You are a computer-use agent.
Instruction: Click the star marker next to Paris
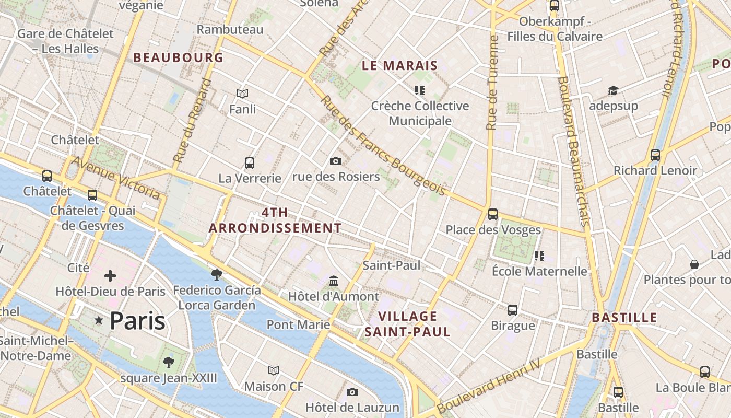98,320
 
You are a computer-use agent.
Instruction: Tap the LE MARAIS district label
399,66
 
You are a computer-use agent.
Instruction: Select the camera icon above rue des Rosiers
336,161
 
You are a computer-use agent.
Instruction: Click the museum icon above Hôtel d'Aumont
334,282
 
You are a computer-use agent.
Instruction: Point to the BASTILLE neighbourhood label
624,318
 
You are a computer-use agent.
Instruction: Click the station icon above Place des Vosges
492,214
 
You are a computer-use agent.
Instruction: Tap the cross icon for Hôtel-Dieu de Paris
110,276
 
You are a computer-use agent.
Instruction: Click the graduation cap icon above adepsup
613,91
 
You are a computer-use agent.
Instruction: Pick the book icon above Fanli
242,94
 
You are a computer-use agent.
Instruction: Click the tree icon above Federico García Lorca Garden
216,274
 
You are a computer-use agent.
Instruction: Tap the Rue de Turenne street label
492,83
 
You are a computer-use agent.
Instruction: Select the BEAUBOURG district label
178,58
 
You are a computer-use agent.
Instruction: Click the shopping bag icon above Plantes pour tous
694,264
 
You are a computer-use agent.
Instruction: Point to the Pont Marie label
298,325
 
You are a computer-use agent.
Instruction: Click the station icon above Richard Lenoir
655,155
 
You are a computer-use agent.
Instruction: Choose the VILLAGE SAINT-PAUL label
407,324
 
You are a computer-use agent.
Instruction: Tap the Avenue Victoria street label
116,178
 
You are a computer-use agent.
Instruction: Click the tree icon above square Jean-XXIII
168,362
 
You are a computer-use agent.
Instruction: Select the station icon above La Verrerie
250,163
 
